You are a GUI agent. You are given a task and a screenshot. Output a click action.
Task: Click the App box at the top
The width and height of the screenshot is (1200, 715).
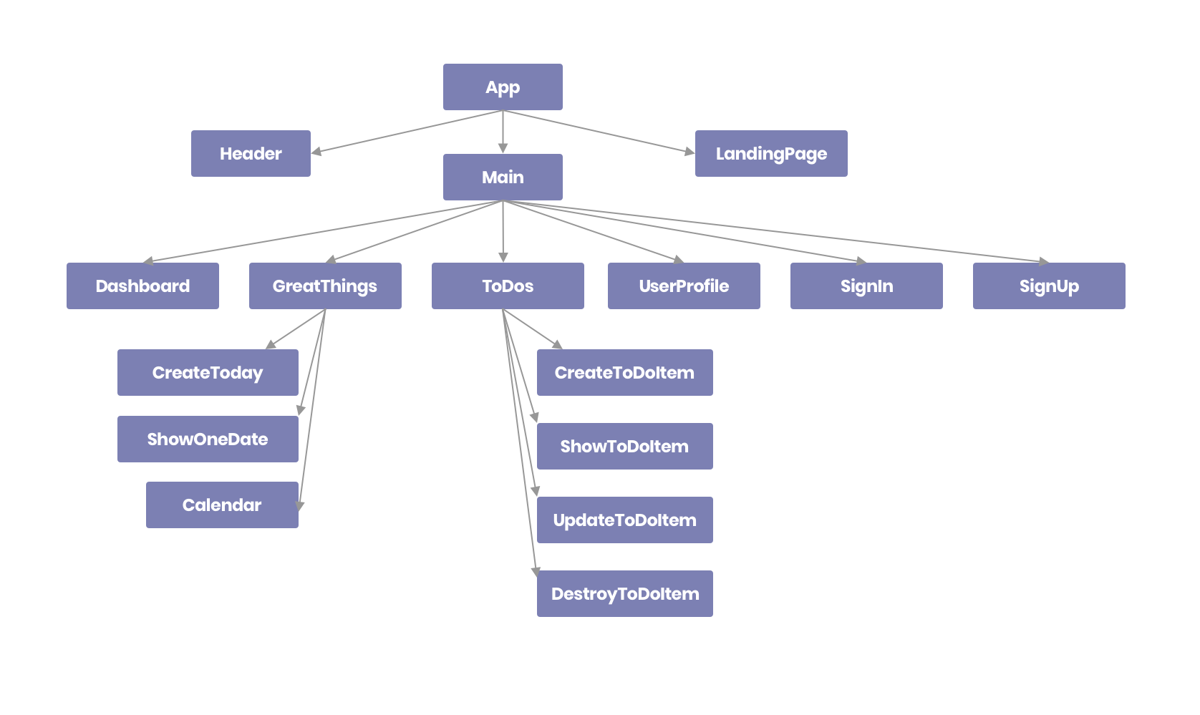(x=503, y=87)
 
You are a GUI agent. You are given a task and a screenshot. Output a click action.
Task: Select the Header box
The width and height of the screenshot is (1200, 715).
(x=251, y=153)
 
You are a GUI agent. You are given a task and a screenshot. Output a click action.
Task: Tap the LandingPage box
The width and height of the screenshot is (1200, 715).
(x=771, y=153)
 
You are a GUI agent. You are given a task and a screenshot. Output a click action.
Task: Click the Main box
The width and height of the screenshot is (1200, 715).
(x=503, y=177)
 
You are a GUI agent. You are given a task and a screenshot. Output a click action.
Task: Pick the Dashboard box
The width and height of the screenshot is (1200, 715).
(x=142, y=286)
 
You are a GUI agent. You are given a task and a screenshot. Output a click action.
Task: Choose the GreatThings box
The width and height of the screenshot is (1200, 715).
(x=325, y=286)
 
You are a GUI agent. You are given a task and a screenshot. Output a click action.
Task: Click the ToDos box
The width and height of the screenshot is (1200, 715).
(x=508, y=286)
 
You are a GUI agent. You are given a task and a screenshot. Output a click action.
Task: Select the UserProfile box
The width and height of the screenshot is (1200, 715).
(x=684, y=286)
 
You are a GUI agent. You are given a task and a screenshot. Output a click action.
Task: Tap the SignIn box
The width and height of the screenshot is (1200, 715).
(x=866, y=286)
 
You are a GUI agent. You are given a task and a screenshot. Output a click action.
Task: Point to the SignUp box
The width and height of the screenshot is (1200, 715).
(x=1049, y=286)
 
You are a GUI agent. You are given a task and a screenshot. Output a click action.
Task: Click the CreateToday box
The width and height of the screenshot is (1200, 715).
(x=208, y=372)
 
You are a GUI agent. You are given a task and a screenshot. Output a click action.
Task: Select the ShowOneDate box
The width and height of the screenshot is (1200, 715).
(x=208, y=439)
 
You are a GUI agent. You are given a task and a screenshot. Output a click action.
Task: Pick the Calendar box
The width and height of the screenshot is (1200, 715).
(x=222, y=505)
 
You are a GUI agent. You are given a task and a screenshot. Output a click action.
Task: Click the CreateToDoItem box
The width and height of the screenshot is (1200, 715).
(x=624, y=372)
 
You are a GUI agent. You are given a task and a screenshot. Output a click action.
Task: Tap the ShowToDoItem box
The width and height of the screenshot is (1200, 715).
(x=624, y=446)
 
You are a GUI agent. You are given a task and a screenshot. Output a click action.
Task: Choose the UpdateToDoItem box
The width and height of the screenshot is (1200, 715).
(x=624, y=520)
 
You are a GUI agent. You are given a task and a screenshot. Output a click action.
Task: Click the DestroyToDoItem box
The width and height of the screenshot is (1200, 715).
(x=624, y=593)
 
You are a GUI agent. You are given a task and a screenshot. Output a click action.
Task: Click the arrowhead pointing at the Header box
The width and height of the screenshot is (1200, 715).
(x=316, y=151)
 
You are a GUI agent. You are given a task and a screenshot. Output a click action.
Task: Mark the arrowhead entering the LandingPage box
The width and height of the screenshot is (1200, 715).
(x=689, y=151)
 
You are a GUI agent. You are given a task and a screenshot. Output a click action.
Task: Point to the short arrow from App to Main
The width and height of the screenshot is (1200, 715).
(x=503, y=132)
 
